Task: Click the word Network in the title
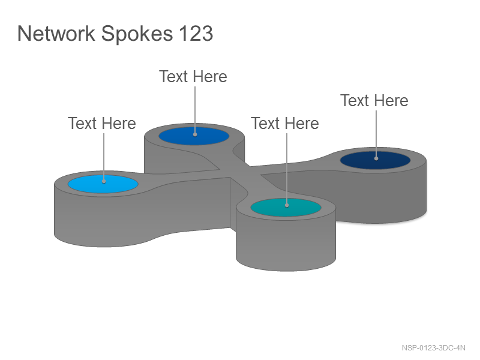pyautogui.click(x=56, y=33)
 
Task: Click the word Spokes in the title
pyautogui.click(x=137, y=34)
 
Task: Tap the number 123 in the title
pyautogui.click(x=196, y=33)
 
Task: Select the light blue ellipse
pyautogui.click(x=103, y=184)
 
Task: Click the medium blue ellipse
pyautogui.click(x=194, y=136)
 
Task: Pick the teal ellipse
pyautogui.click(x=286, y=208)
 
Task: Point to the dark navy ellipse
pyautogui.click(x=376, y=160)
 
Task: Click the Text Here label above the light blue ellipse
pyautogui.click(x=102, y=124)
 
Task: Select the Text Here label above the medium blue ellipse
pyautogui.click(x=193, y=77)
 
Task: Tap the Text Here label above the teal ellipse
pyautogui.click(x=285, y=124)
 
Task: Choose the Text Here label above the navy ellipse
pyautogui.click(x=374, y=101)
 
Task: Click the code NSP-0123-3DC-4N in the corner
pyautogui.click(x=433, y=348)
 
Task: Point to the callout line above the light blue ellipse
pyautogui.click(x=104, y=157)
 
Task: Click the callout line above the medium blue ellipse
pyautogui.click(x=195, y=110)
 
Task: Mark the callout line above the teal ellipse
pyautogui.click(x=287, y=169)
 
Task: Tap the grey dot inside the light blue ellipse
pyautogui.click(x=104, y=182)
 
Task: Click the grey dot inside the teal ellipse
pyautogui.click(x=287, y=205)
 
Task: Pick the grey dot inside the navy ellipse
pyautogui.click(x=376, y=158)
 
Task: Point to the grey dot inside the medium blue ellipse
pyautogui.click(x=195, y=134)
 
